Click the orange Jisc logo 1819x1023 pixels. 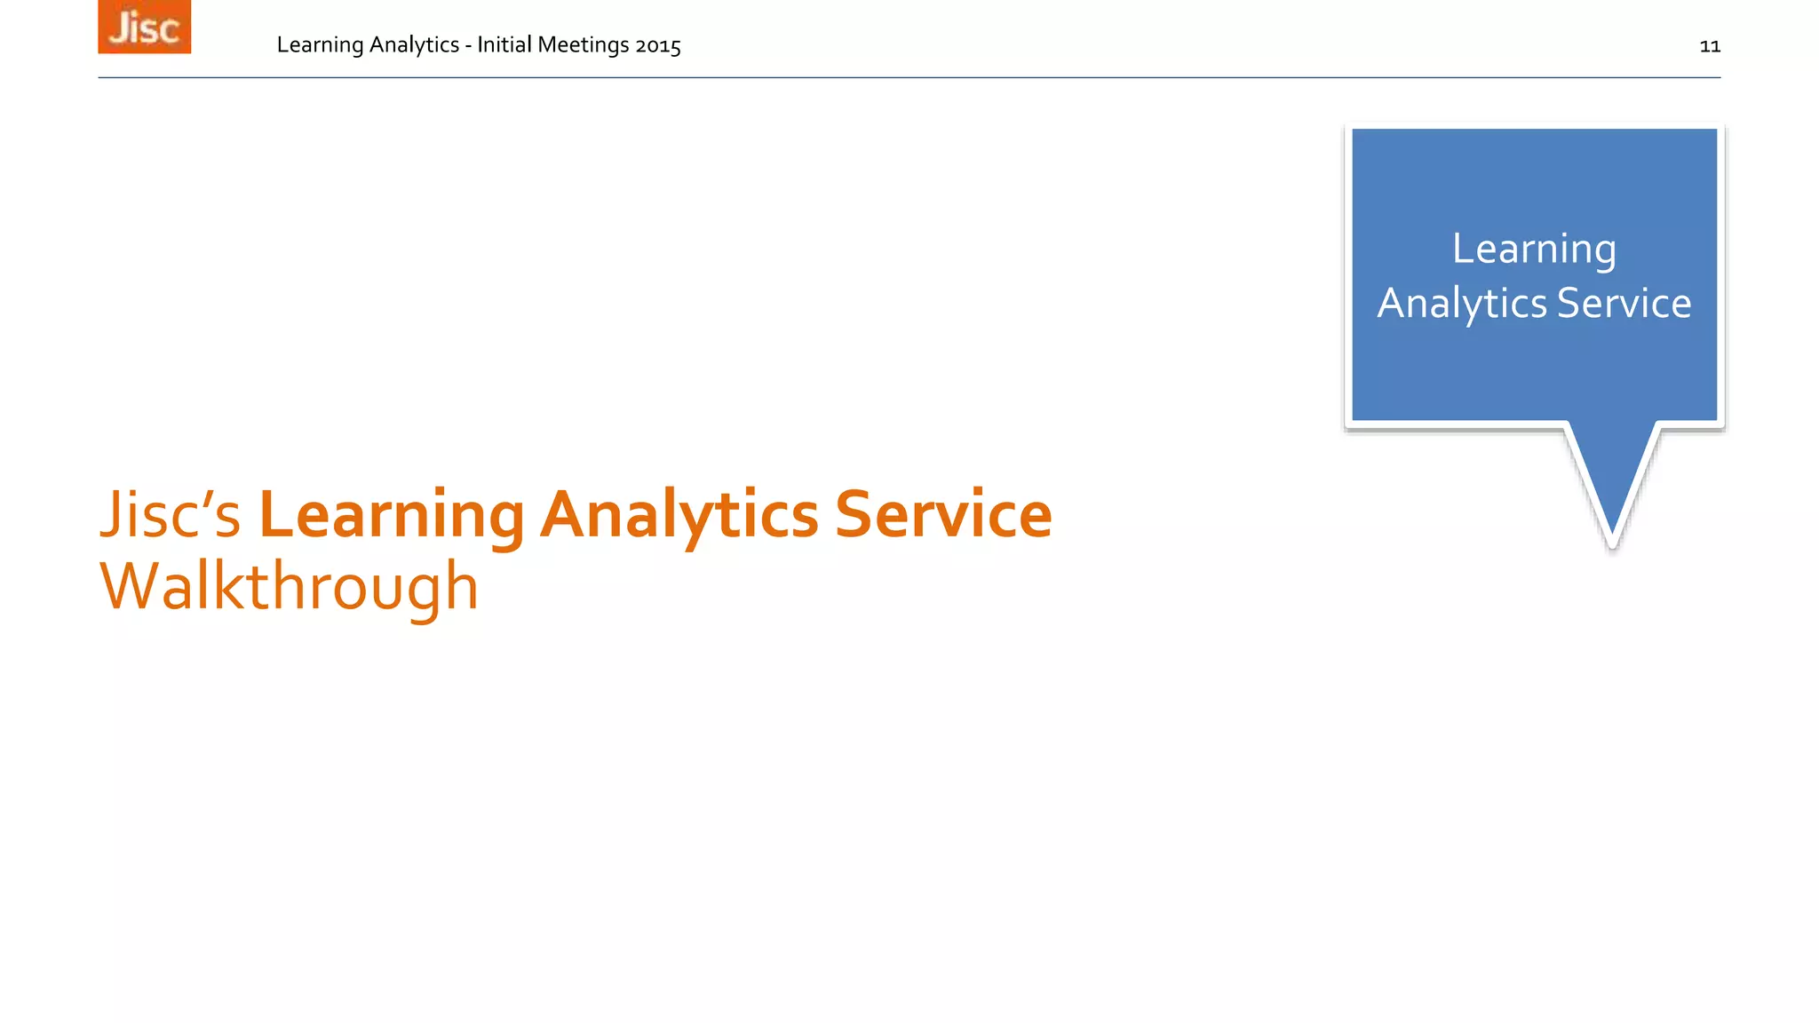[144, 27]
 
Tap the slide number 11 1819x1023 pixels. [1710, 46]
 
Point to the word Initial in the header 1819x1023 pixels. [504, 45]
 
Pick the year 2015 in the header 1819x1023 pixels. [658, 45]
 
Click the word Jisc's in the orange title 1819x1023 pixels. [170, 515]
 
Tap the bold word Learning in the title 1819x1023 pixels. [392, 515]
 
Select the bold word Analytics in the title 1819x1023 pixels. [679, 515]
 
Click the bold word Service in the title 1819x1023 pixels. [943, 515]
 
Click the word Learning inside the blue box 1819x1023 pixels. [1534, 250]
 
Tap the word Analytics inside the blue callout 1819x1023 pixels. [1462, 304]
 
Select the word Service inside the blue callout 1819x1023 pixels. [1624, 304]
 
